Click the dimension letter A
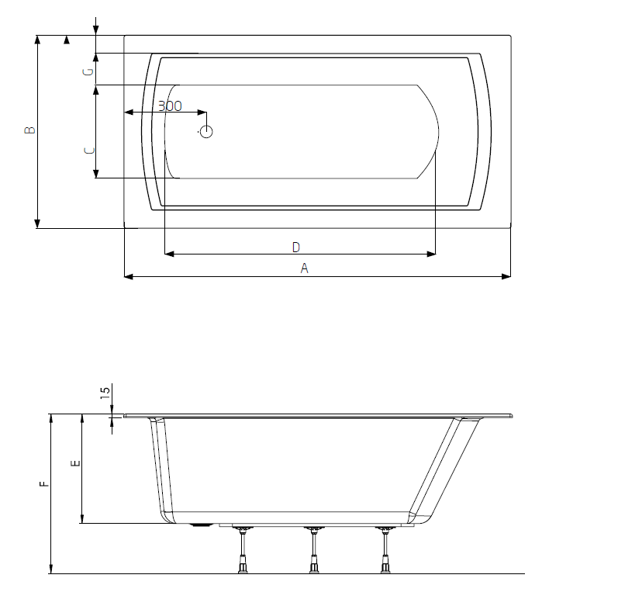pos(305,268)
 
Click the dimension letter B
pos(29,130)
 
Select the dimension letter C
pos(88,150)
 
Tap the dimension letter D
pos(295,247)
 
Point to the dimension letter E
pos(74,463)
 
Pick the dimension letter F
pos(44,483)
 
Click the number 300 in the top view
pos(170,106)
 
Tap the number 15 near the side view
pos(105,393)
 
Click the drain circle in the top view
pos(205,131)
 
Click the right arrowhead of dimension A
pos(506,276)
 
